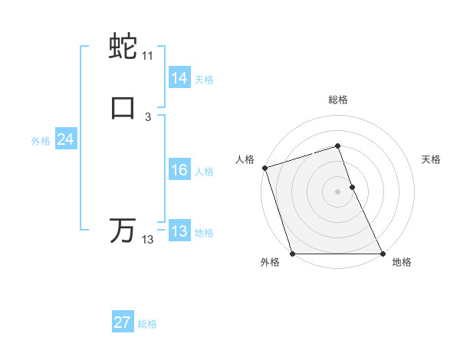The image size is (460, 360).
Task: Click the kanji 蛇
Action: (123, 47)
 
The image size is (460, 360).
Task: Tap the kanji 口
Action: (123, 108)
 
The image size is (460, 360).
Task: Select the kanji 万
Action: (123, 231)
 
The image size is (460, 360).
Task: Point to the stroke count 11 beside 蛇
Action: (147, 56)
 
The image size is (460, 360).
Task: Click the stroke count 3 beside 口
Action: (147, 116)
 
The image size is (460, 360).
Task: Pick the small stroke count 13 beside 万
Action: (147, 240)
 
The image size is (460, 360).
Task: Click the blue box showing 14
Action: (179, 77)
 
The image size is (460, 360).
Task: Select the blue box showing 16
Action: (179, 170)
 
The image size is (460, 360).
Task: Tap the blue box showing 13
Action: (179, 231)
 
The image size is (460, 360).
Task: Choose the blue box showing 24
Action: (66, 139)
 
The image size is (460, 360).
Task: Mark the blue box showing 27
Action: (123, 322)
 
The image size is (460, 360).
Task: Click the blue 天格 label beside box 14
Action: (204, 79)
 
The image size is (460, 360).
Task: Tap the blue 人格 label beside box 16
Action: (204, 172)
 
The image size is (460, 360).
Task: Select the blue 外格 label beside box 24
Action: (41, 141)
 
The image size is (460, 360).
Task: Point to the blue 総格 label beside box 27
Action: (147, 324)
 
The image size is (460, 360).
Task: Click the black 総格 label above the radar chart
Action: (337, 100)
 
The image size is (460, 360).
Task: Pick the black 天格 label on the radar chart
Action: (431, 159)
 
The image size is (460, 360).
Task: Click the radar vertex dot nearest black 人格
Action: (264, 168)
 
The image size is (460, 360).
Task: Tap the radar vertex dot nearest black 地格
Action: (382, 254)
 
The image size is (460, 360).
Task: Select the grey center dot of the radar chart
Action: (337, 191)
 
